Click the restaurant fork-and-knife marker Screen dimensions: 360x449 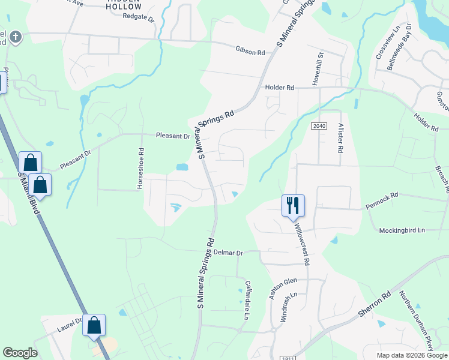(x=293, y=205)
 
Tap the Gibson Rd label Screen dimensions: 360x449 (x=250, y=53)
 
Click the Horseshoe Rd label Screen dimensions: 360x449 (x=141, y=169)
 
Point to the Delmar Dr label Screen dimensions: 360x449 (x=228, y=253)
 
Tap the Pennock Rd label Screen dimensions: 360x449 (x=382, y=196)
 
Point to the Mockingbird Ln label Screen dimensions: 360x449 (x=402, y=230)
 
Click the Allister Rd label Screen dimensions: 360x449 (x=340, y=139)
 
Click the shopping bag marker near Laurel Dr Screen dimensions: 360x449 (x=94, y=326)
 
